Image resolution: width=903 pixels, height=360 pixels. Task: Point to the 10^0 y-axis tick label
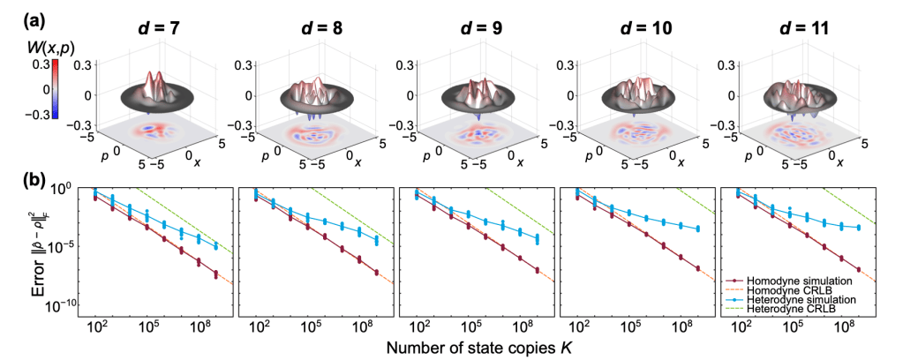[x=68, y=190]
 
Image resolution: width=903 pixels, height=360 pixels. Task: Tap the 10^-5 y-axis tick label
[x=66, y=247]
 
